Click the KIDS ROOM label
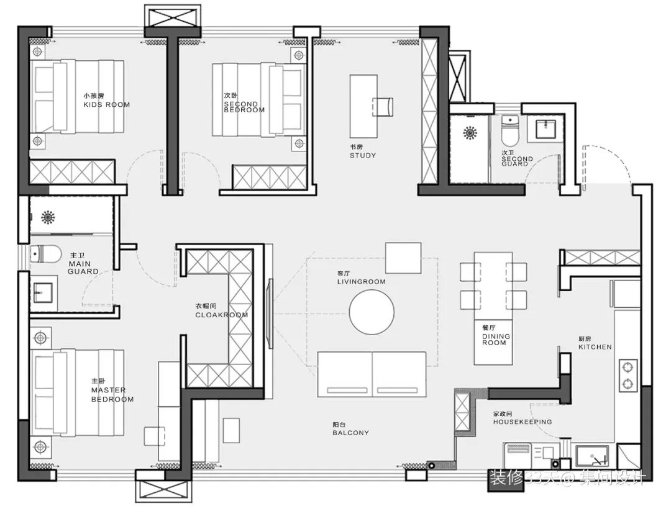point(106,101)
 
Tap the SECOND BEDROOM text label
point(244,103)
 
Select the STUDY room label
point(363,151)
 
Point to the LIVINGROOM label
point(361,277)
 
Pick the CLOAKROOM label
point(221,311)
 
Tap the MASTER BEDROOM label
point(112,390)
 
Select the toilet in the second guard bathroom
point(510,130)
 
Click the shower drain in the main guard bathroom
point(48,217)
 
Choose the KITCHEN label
point(595,343)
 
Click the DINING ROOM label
point(495,335)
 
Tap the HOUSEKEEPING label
point(522,418)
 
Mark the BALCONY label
point(350,429)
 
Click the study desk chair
point(383,106)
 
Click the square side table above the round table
point(403,258)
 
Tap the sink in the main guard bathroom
point(43,291)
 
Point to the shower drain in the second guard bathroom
point(470,132)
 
